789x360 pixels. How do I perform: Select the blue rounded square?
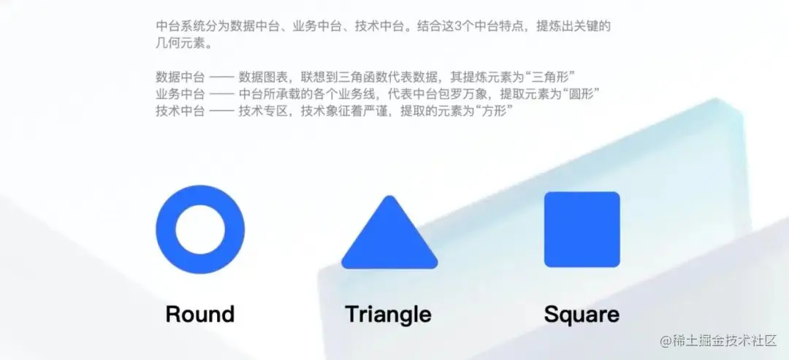582,229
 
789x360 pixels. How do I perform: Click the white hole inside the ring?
199,229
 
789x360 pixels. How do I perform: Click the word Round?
199,314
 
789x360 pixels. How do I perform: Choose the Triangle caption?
388,314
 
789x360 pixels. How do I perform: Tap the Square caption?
582,314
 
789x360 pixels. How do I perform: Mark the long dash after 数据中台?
221,77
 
